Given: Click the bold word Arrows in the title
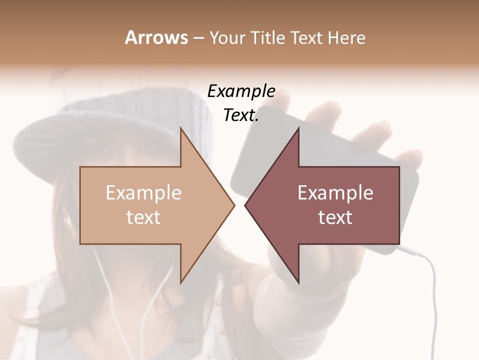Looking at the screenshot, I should [156, 37].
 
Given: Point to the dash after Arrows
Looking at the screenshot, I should [198, 38].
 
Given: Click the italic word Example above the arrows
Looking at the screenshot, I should [241, 91].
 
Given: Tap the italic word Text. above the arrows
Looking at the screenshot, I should [241, 115].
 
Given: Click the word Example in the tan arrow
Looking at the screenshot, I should [144, 192].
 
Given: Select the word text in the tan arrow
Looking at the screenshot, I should [144, 217].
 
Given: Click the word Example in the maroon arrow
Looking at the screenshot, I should [335, 192].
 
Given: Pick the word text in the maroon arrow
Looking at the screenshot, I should [335, 217].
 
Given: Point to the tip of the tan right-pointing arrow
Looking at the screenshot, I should [234, 205].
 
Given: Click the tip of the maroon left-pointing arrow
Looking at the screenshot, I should [245, 205].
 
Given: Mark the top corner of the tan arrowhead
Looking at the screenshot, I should [181, 128].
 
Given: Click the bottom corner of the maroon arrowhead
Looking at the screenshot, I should [298, 283].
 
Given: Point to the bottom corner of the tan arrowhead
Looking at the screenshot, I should [181, 283].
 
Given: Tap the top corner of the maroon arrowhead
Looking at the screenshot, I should [298, 128].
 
